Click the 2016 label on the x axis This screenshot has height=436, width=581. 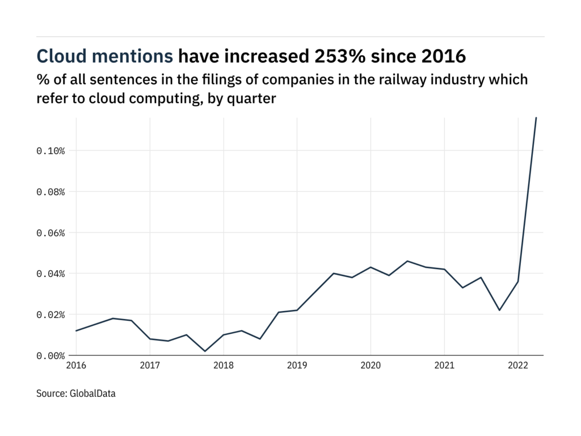click(x=76, y=365)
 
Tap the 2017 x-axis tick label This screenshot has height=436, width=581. click(x=150, y=365)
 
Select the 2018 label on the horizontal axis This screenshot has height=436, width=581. click(x=224, y=365)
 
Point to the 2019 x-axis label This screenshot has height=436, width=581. click(x=297, y=365)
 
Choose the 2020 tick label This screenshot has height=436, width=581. click(x=371, y=365)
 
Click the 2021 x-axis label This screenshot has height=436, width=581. click(x=444, y=365)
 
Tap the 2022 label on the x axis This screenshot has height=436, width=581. click(x=517, y=365)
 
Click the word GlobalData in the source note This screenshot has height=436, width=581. click(x=93, y=393)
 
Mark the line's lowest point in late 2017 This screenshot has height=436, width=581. click(x=205, y=351)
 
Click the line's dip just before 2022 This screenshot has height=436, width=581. click(x=499, y=310)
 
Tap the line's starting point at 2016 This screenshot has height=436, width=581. click(x=76, y=330)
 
